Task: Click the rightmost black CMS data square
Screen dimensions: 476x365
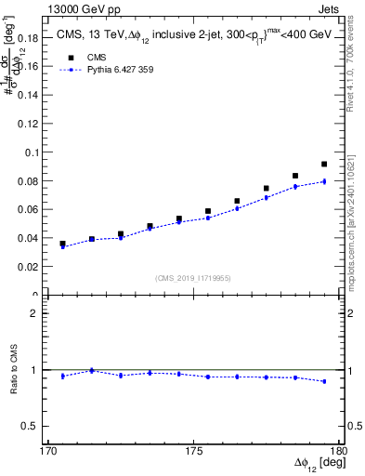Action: click(x=324, y=165)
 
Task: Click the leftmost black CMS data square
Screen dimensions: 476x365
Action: click(x=62, y=244)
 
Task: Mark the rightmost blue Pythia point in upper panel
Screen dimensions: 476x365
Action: click(x=324, y=181)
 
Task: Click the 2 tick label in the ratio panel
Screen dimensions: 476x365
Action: click(x=33, y=313)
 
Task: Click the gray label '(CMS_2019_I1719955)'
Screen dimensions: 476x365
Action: click(x=193, y=278)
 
